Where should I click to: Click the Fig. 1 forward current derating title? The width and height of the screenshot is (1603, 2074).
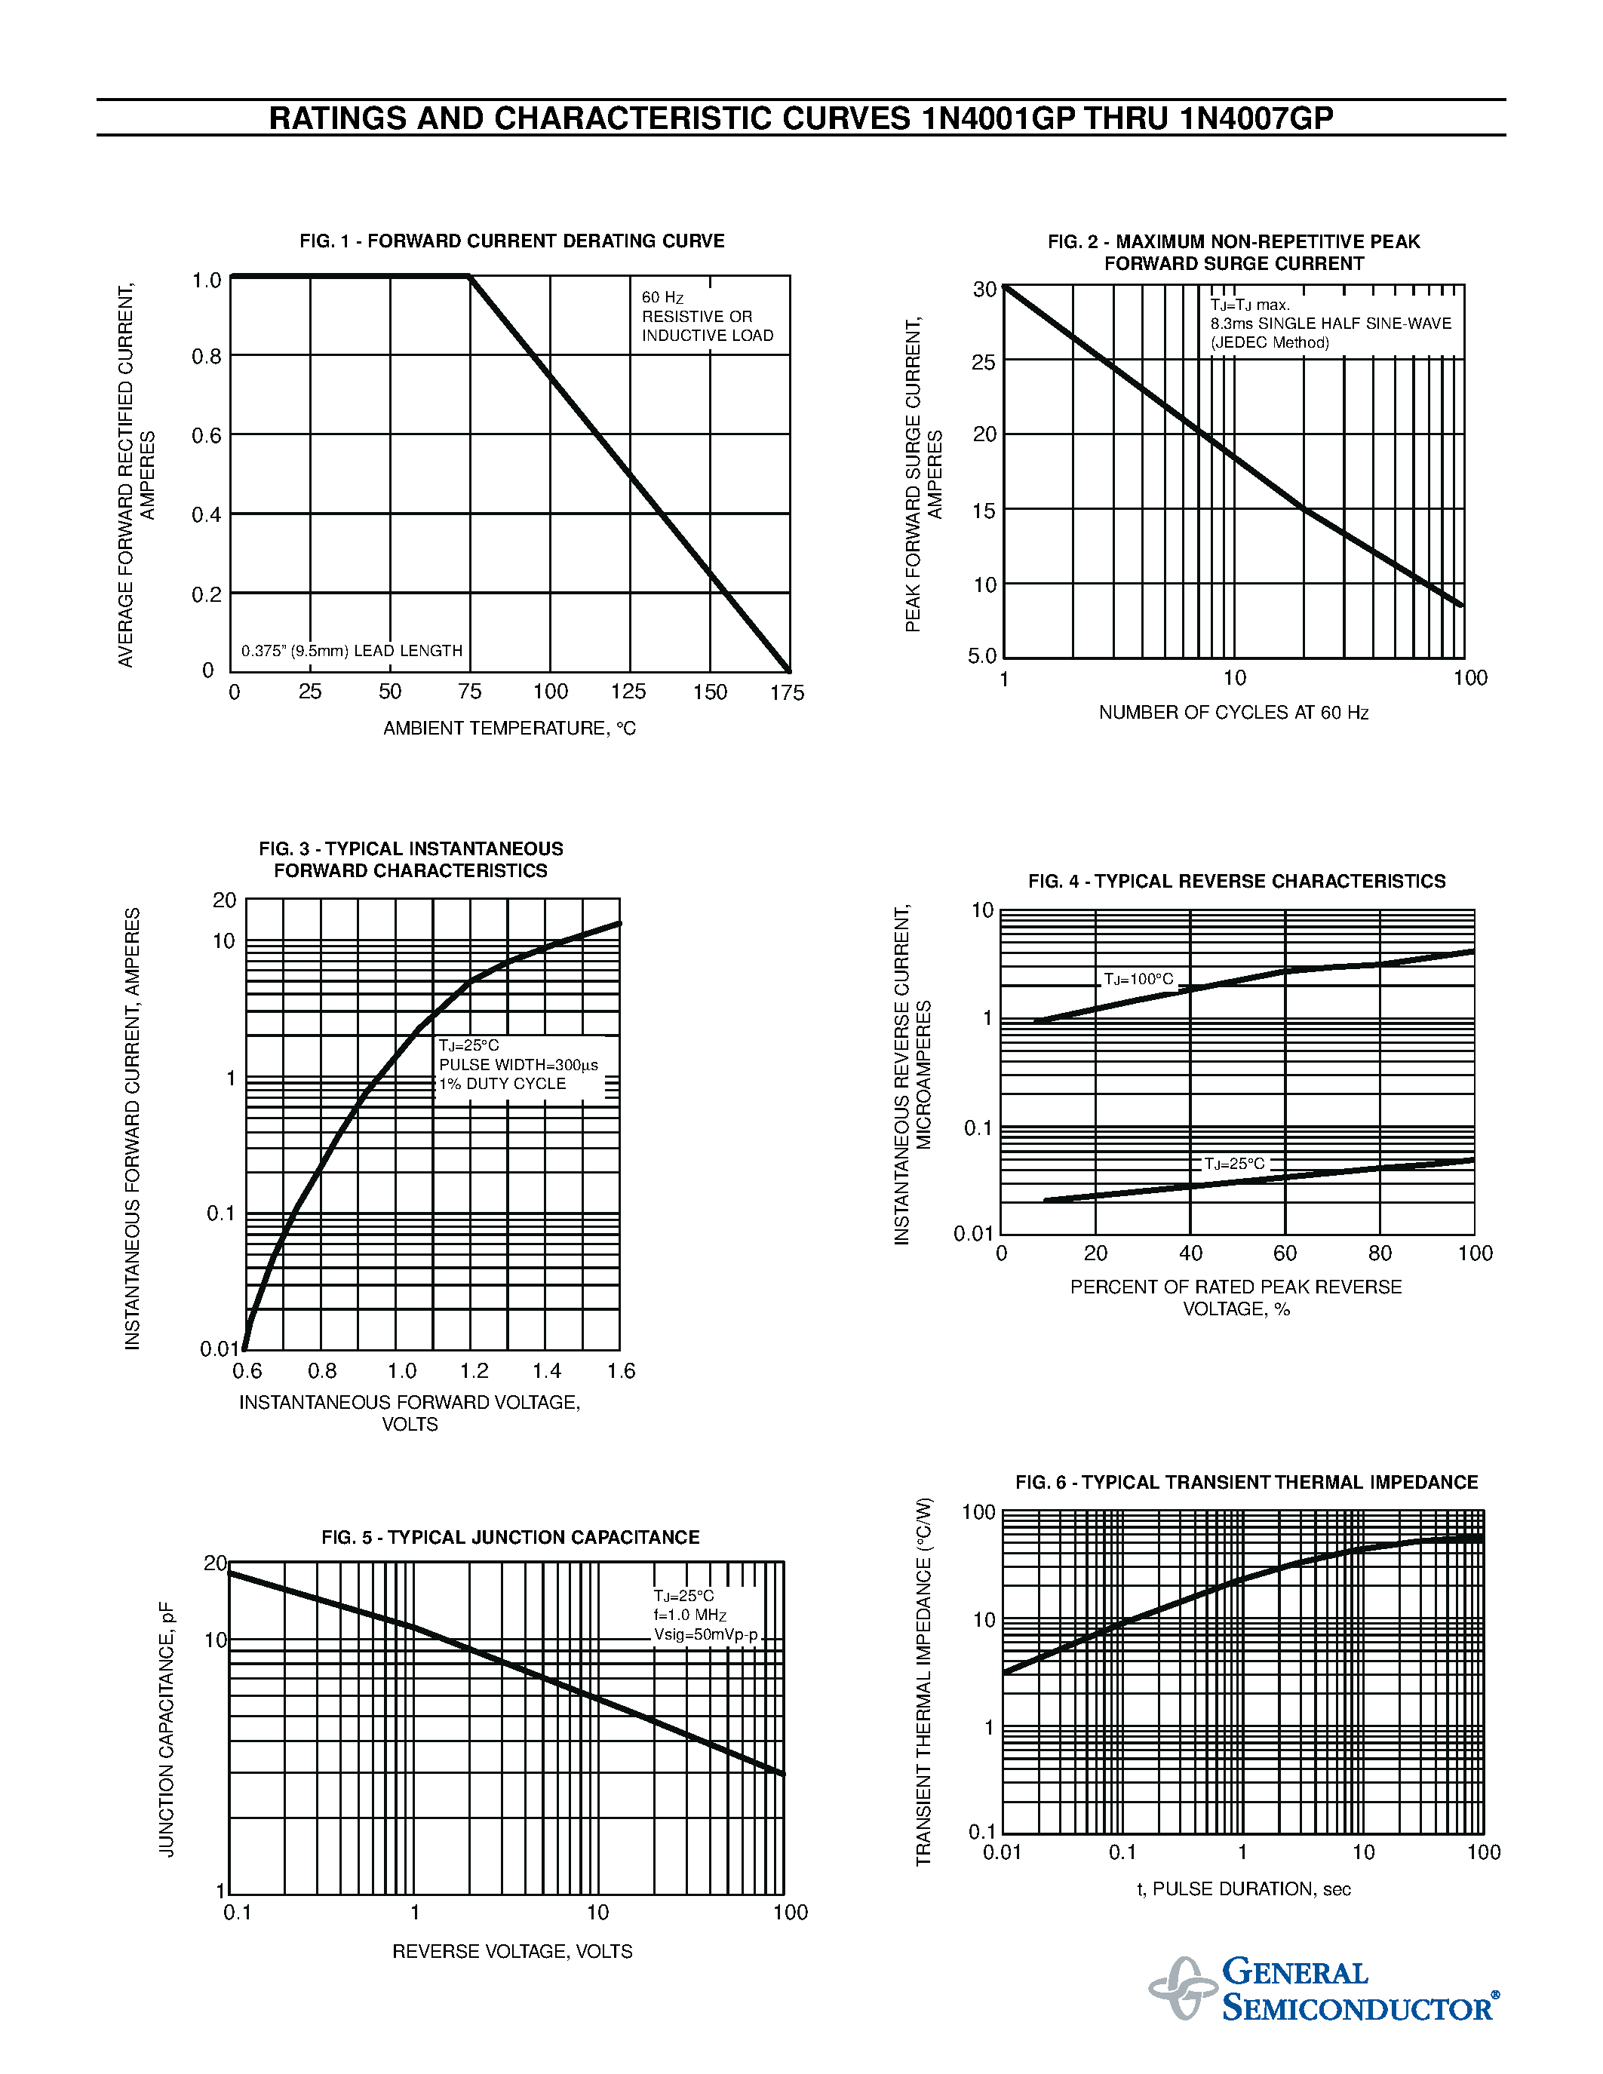tap(512, 241)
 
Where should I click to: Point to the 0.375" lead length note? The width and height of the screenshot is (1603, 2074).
tap(352, 652)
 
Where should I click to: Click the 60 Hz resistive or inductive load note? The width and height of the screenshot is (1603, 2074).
tap(707, 316)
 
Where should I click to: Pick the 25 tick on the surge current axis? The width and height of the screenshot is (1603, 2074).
tap(983, 363)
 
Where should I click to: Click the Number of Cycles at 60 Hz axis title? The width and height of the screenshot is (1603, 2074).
tap(1233, 712)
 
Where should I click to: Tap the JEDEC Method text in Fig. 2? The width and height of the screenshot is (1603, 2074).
tap(1270, 343)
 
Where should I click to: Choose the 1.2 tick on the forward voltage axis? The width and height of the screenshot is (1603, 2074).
tap(474, 1371)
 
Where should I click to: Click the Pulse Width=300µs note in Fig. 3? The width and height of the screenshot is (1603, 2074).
tap(518, 1066)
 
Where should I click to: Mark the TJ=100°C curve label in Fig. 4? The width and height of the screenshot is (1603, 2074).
tap(1138, 979)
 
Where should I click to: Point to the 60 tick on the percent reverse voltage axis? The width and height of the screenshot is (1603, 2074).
tap(1284, 1253)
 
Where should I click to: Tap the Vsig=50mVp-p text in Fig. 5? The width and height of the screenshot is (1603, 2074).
tap(705, 1634)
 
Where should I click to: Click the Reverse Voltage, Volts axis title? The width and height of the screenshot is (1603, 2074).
tap(512, 1952)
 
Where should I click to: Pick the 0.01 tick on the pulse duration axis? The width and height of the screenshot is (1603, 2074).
tap(1002, 1853)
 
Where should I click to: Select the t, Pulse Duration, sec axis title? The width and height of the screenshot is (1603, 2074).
tap(1243, 1888)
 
